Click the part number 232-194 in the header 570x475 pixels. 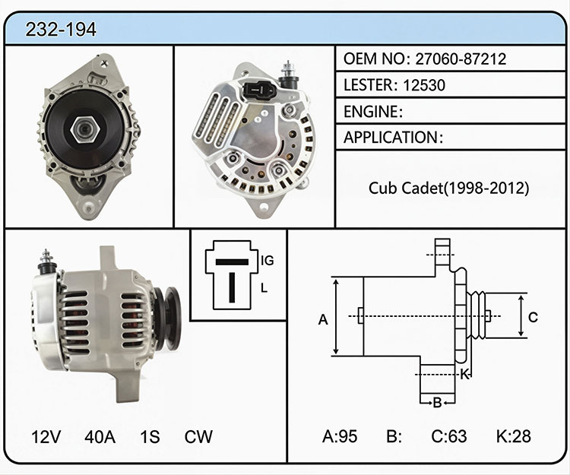[61, 30]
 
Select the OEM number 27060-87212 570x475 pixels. [461, 59]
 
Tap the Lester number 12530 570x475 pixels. [424, 85]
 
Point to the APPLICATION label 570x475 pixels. [391, 138]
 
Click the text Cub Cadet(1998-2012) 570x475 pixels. [448, 188]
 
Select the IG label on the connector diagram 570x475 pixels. [268, 260]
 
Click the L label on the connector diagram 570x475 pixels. [264, 288]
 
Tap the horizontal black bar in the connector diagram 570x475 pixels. [232, 262]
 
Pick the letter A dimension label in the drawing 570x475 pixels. [323, 320]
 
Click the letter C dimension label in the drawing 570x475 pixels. [533, 317]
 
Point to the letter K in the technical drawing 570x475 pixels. [465, 375]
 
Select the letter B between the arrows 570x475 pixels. [437, 403]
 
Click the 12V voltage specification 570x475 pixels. [46, 436]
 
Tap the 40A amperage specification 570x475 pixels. [100, 436]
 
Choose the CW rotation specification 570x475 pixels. [198, 436]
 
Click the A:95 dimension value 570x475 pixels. [340, 436]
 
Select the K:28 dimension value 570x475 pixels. [513, 436]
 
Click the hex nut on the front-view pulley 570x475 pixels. [85, 130]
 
